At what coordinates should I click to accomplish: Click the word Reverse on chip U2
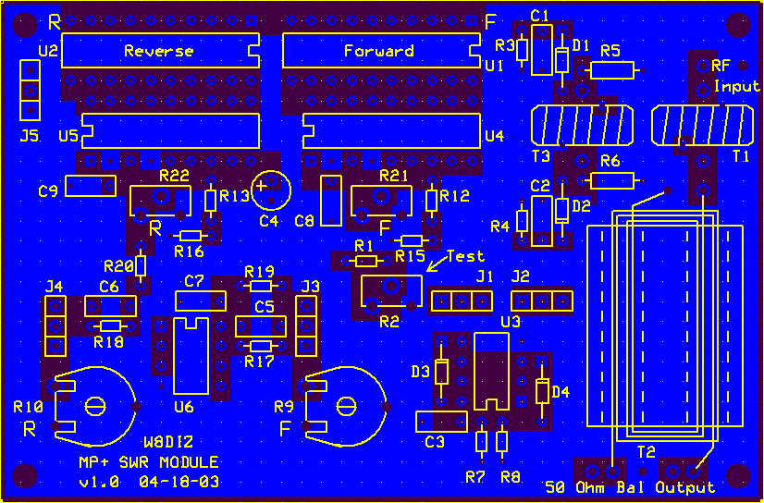click(159, 51)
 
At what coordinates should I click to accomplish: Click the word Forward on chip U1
click(379, 51)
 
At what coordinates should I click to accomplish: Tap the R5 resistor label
click(610, 51)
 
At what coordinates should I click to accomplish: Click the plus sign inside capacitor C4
click(262, 186)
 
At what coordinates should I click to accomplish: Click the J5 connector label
click(30, 136)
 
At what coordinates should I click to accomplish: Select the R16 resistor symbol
click(191, 236)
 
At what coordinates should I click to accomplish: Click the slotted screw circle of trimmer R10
click(95, 406)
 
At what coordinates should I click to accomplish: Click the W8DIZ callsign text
click(168, 442)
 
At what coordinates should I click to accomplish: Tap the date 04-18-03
click(179, 482)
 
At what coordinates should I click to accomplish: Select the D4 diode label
click(561, 391)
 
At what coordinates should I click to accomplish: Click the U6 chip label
click(184, 407)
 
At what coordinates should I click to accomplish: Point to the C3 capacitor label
click(435, 442)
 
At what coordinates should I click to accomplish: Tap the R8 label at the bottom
click(511, 478)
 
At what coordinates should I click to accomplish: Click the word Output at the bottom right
click(685, 487)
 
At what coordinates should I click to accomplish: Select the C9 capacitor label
click(48, 190)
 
